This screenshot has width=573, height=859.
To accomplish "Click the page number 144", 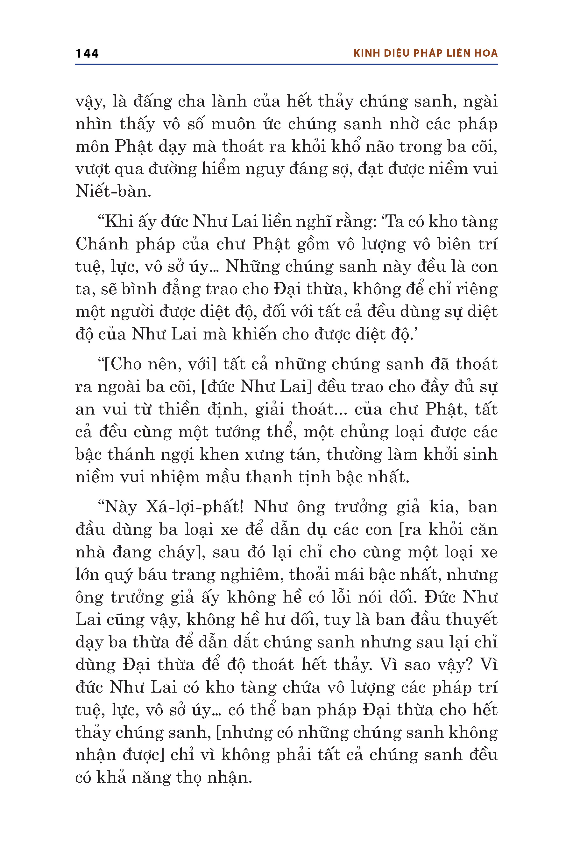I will tap(87, 54).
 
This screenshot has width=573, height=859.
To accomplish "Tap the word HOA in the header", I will tap(486, 53).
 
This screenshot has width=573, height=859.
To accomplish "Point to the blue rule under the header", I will tap(286, 65).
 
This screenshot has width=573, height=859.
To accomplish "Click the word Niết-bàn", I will tap(113, 191).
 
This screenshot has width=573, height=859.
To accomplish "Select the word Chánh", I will tap(102, 244).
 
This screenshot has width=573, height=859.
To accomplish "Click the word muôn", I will tap(233, 124).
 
